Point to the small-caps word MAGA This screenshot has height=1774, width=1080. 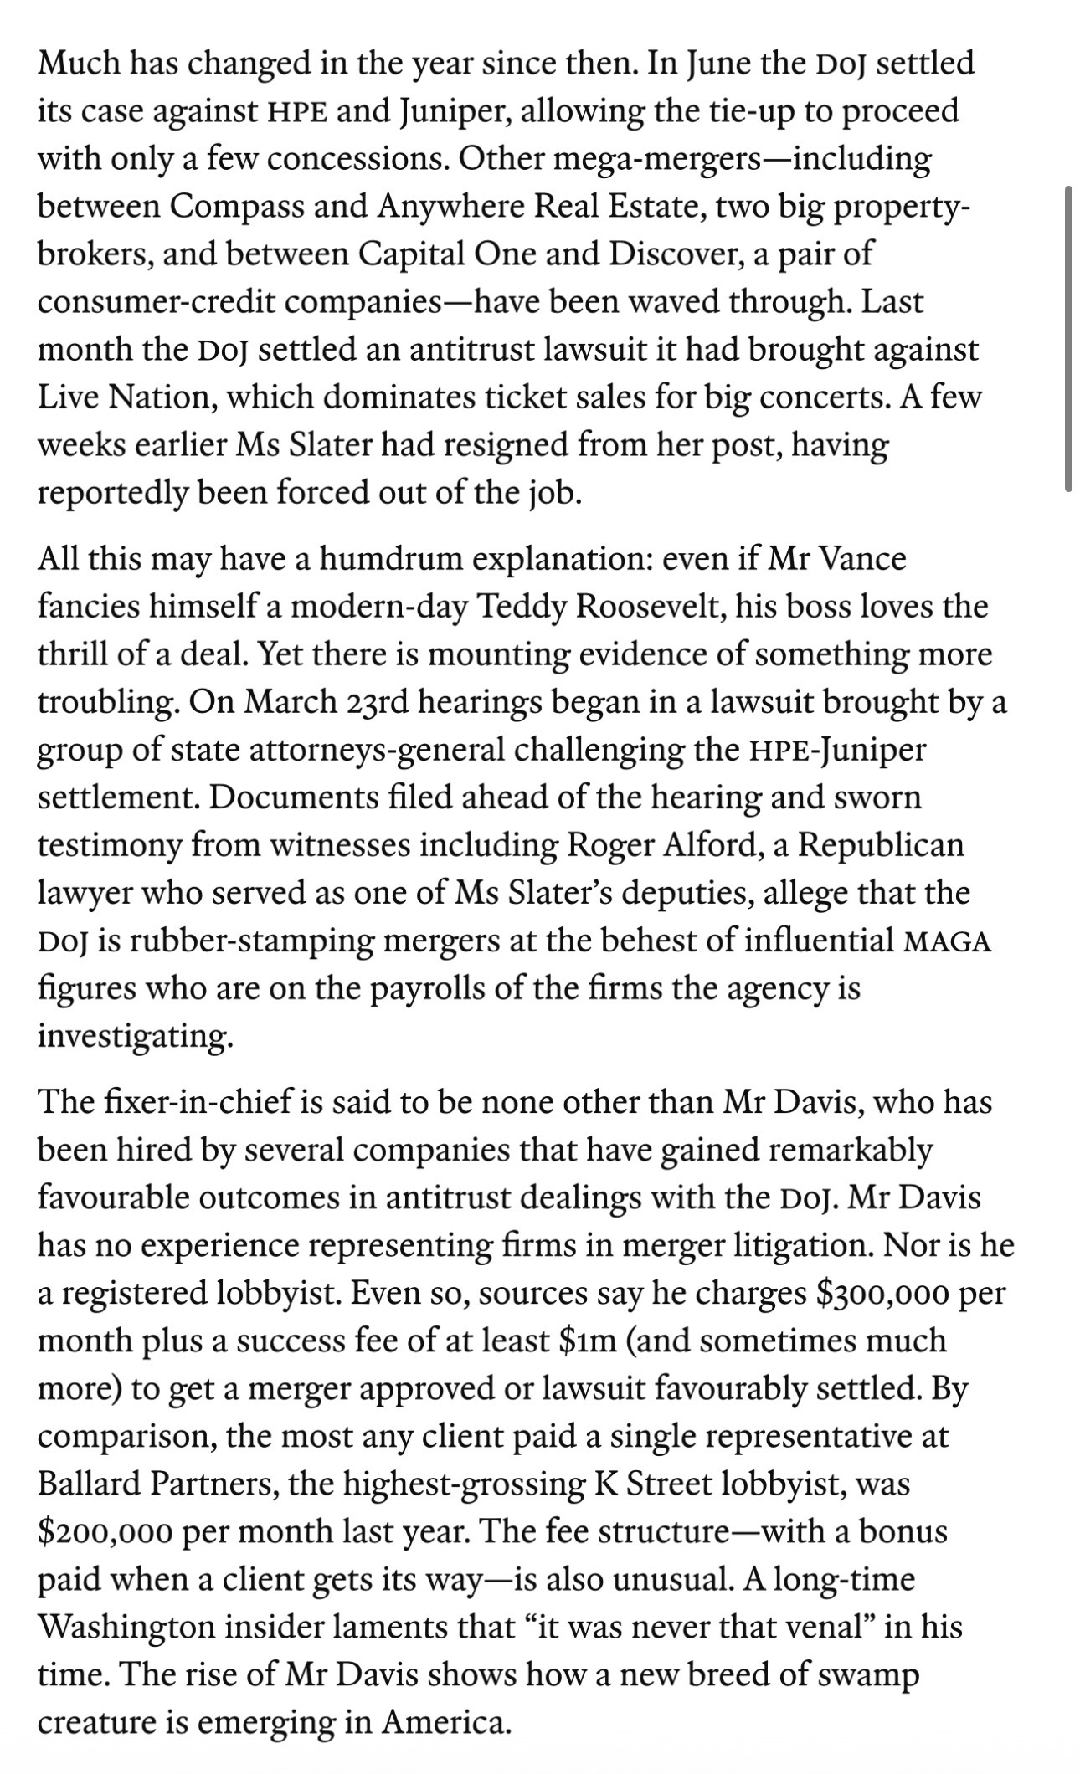[948, 942]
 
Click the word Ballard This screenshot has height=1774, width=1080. [90, 1484]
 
